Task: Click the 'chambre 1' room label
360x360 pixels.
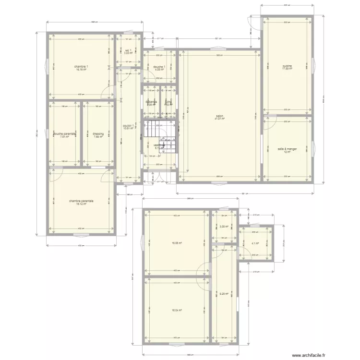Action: (81, 66)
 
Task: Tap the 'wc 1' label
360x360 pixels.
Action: (128, 50)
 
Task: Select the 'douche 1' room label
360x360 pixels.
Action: (159, 67)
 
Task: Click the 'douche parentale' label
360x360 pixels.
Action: (65, 134)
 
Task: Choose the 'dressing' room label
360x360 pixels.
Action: (98, 134)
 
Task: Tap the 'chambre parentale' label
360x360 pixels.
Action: (81, 201)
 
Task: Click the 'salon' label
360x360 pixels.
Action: (220, 116)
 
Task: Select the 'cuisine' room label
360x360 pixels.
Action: (288, 66)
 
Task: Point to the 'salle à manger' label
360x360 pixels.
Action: (287, 149)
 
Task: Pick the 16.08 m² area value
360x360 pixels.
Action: (177, 243)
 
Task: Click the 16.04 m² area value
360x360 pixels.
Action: (177, 310)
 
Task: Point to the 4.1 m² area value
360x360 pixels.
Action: (255, 243)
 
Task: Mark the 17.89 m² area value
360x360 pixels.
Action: (288, 69)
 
